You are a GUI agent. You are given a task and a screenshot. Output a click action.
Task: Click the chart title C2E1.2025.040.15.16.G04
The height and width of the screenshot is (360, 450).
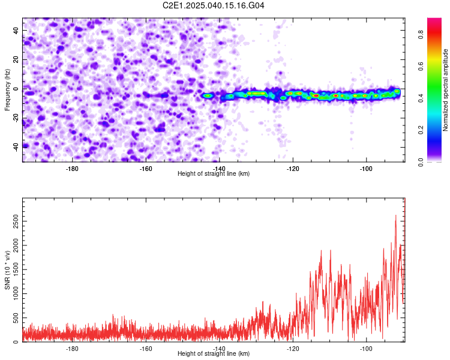tap(214, 5)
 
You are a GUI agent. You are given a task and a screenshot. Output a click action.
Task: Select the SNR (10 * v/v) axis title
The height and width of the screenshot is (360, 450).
tap(7, 270)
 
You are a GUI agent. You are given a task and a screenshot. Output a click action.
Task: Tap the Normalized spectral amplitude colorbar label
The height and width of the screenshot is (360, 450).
tap(446, 90)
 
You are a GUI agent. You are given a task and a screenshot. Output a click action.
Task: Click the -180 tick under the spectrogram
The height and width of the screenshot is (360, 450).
tap(72, 169)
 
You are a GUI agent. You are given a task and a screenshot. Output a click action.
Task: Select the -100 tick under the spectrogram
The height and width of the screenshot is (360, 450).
tap(366, 169)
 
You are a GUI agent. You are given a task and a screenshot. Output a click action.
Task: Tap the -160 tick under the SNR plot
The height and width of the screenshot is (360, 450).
tap(146, 349)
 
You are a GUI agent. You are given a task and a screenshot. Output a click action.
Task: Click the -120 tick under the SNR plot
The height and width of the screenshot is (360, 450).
tap(293, 349)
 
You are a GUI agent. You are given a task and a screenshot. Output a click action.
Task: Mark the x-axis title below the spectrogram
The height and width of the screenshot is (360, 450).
tap(214, 174)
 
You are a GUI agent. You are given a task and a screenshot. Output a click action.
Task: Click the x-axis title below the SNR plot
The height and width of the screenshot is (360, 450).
tap(214, 354)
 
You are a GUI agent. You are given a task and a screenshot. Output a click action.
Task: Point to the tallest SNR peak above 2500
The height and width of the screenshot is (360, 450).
tap(396, 215)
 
